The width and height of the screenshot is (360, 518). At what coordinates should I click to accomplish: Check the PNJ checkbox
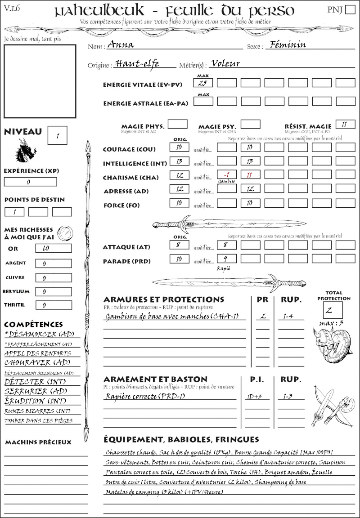pyautogui.click(x=350, y=10)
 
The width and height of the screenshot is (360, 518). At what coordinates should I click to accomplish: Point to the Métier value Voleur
pyautogui.click(x=225, y=63)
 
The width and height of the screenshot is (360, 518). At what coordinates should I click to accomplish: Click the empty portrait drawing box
pyautogui.click(x=40, y=81)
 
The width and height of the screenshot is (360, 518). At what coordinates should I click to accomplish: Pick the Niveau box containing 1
pyautogui.click(x=58, y=134)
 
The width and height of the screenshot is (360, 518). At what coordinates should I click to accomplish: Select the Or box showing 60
pyautogui.click(x=53, y=249)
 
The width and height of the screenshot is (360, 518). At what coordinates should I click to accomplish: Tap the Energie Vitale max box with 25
pyautogui.click(x=203, y=83)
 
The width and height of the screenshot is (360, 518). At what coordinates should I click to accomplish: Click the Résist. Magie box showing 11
pyautogui.click(x=345, y=125)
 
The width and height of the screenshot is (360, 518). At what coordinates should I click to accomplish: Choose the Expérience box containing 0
pyautogui.click(x=31, y=182)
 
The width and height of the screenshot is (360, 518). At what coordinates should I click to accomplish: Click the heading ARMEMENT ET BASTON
pyautogui.click(x=155, y=380)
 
